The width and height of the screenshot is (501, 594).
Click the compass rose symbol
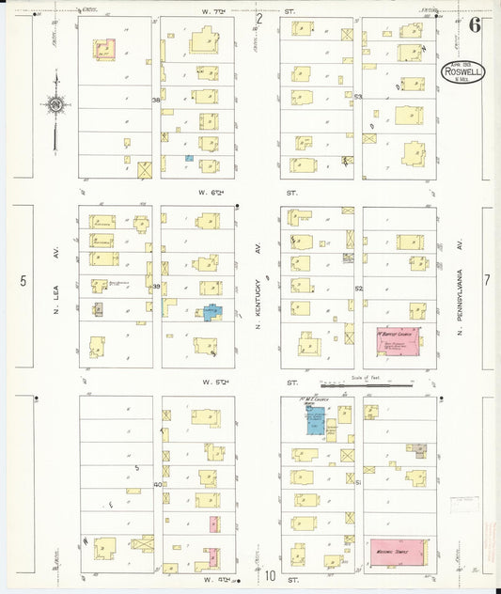click(x=55, y=104)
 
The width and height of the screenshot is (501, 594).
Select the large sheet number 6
click(x=475, y=25)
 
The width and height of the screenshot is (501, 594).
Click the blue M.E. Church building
click(x=314, y=420)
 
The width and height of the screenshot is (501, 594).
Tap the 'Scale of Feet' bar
click(x=366, y=385)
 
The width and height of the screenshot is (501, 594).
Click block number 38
click(x=156, y=99)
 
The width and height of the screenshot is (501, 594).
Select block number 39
click(x=157, y=287)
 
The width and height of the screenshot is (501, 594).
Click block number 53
click(x=358, y=97)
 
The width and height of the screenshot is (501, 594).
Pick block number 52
click(x=358, y=289)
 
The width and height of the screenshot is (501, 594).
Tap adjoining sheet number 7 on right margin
click(x=487, y=280)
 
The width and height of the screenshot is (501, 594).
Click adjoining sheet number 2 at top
click(x=260, y=18)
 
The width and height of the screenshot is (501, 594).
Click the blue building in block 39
click(x=212, y=312)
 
